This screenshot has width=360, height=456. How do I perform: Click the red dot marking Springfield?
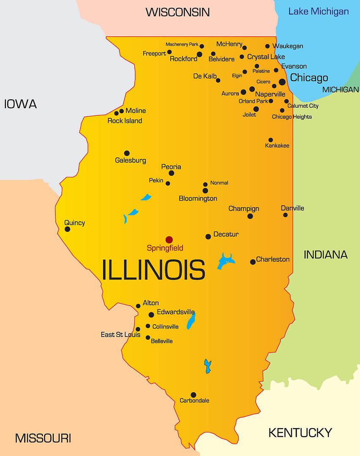point(169,239)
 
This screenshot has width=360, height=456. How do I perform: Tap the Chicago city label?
point(309,78)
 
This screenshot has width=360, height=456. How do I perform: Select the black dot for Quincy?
point(67,229)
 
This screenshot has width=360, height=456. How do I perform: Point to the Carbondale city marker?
point(193,395)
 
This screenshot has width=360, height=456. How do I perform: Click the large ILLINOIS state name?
point(154,270)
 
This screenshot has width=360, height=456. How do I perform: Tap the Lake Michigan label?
point(319,11)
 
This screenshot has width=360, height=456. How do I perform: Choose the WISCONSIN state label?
point(177,12)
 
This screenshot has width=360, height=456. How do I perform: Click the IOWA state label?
point(20,104)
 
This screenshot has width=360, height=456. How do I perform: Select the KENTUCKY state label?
point(300,432)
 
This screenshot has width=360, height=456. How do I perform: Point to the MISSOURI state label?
point(43,438)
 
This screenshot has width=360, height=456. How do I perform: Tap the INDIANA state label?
point(326,255)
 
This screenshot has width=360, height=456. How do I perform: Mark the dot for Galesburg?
point(127,153)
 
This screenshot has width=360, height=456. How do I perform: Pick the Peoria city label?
point(171,167)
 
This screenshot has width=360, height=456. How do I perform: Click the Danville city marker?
point(285,215)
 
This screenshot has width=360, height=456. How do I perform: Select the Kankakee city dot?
point(270,140)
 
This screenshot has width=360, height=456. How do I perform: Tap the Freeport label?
point(154,54)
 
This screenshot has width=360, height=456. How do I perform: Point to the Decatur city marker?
point(208,236)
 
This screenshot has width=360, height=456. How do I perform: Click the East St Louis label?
point(120,335)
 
